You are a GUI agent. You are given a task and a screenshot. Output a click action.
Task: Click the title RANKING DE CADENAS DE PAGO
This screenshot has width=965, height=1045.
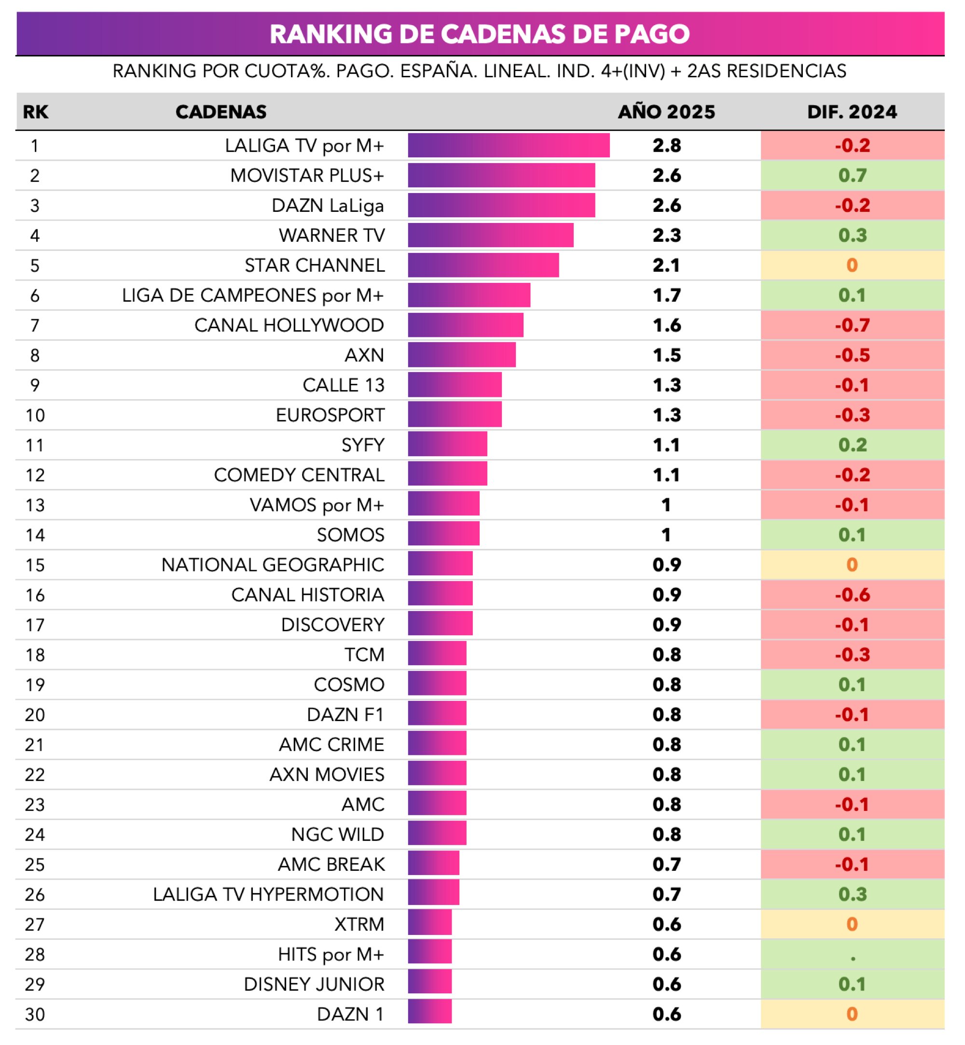[x=480, y=34]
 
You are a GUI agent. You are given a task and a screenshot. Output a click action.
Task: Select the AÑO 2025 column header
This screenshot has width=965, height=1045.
[x=666, y=112]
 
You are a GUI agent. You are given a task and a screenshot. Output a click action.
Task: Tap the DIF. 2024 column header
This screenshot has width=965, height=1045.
[x=852, y=112]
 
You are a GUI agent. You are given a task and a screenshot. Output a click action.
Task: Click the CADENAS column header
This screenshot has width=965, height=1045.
[x=221, y=112]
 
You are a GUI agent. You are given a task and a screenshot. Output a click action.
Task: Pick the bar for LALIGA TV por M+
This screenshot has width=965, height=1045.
[x=509, y=145]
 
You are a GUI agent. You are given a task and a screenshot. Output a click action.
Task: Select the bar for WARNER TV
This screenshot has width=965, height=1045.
[x=490, y=235]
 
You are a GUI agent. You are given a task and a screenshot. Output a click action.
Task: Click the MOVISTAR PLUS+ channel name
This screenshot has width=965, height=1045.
[x=307, y=176]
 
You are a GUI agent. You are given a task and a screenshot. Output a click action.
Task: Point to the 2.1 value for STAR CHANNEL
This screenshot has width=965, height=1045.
[x=666, y=265]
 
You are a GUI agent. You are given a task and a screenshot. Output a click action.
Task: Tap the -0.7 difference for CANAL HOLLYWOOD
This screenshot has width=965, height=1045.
[x=852, y=325]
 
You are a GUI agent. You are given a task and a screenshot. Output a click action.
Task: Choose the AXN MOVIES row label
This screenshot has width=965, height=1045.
[x=327, y=775]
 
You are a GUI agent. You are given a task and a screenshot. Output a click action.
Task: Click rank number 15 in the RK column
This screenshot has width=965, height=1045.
[x=35, y=565]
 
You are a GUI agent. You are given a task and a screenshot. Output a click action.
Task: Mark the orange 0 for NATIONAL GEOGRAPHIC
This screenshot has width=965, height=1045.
[x=852, y=565]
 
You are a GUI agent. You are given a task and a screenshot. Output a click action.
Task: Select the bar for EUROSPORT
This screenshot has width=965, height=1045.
[x=455, y=415]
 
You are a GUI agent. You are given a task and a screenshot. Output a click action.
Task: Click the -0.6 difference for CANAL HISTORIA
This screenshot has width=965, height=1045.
[x=852, y=595]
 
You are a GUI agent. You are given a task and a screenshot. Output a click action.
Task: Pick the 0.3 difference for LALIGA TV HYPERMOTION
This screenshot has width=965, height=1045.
[x=852, y=894]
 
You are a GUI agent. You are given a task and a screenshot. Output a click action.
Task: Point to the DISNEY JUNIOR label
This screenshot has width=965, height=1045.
[x=314, y=984]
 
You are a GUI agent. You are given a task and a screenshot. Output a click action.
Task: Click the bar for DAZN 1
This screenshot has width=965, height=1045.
[x=429, y=1014]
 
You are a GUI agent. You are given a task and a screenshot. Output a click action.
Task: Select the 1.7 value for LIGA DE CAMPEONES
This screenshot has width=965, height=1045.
[x=666, y=295]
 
